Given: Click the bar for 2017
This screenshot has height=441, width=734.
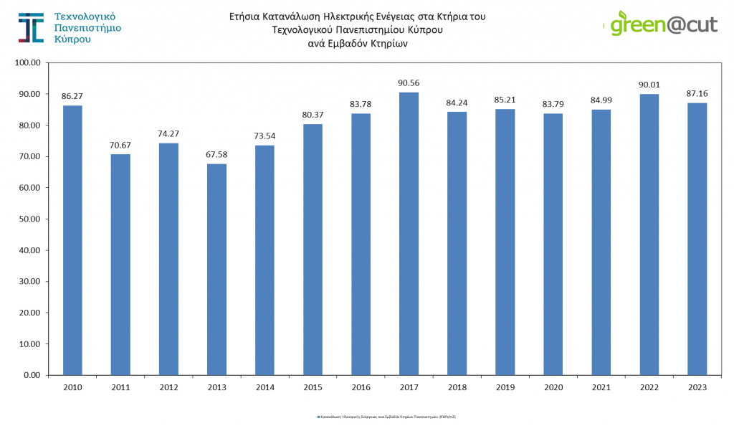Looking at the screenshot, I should [x=409, y=233].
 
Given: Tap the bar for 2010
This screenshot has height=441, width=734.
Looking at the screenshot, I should [x=72, y=240].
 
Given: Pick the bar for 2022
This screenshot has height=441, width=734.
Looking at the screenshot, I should [x=649, y=234].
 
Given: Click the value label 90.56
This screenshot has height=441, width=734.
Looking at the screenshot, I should [x=409, y=82].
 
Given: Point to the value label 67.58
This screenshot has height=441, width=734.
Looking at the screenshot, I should [x=216, y=154].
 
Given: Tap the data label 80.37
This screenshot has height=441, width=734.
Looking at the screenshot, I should [x=313, y=114].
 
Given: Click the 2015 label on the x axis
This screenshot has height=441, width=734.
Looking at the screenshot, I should [x=313, y=387].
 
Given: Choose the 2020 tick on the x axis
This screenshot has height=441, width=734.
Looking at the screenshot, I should [x=553, y=387].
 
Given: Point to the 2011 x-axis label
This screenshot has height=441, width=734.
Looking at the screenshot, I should [x=120, y=387].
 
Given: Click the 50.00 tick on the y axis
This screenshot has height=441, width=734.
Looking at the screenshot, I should [x=30, y=219].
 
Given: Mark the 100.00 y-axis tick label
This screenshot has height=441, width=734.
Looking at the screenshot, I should [x=28, y=62].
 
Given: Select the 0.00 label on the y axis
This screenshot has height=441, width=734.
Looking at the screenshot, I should [x=32, y=375].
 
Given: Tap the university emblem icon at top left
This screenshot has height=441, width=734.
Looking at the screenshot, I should [x=30, y=27].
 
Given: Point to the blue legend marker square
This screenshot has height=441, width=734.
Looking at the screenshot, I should [x=318, y=416].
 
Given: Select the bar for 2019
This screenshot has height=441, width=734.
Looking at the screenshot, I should [x=505, y=242].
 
